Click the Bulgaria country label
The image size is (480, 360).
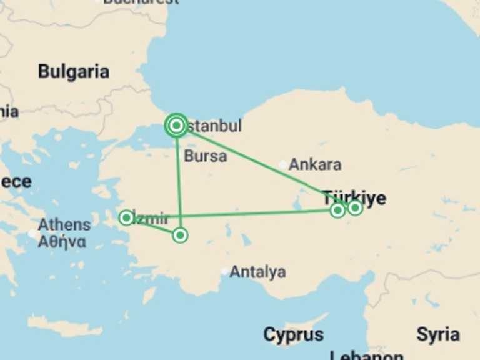[74, 71]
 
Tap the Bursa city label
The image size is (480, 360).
[206, 156]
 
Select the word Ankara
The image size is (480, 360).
[315, 165]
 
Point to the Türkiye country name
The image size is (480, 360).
[354, 199]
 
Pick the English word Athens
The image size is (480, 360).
[64, 225]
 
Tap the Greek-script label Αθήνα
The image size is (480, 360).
[62, 242]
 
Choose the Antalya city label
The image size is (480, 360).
[257, 272]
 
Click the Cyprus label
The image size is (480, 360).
[294, 334]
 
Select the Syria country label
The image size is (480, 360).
[438, 334]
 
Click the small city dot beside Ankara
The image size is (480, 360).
[283, 165]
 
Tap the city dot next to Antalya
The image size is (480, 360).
[225, 271]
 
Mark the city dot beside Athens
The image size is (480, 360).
[32, 234]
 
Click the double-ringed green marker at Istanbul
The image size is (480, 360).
[176, 126]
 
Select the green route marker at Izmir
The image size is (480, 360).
[126, 217]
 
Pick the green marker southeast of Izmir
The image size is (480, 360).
[180, 235]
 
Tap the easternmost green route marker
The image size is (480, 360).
[355, 207]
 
